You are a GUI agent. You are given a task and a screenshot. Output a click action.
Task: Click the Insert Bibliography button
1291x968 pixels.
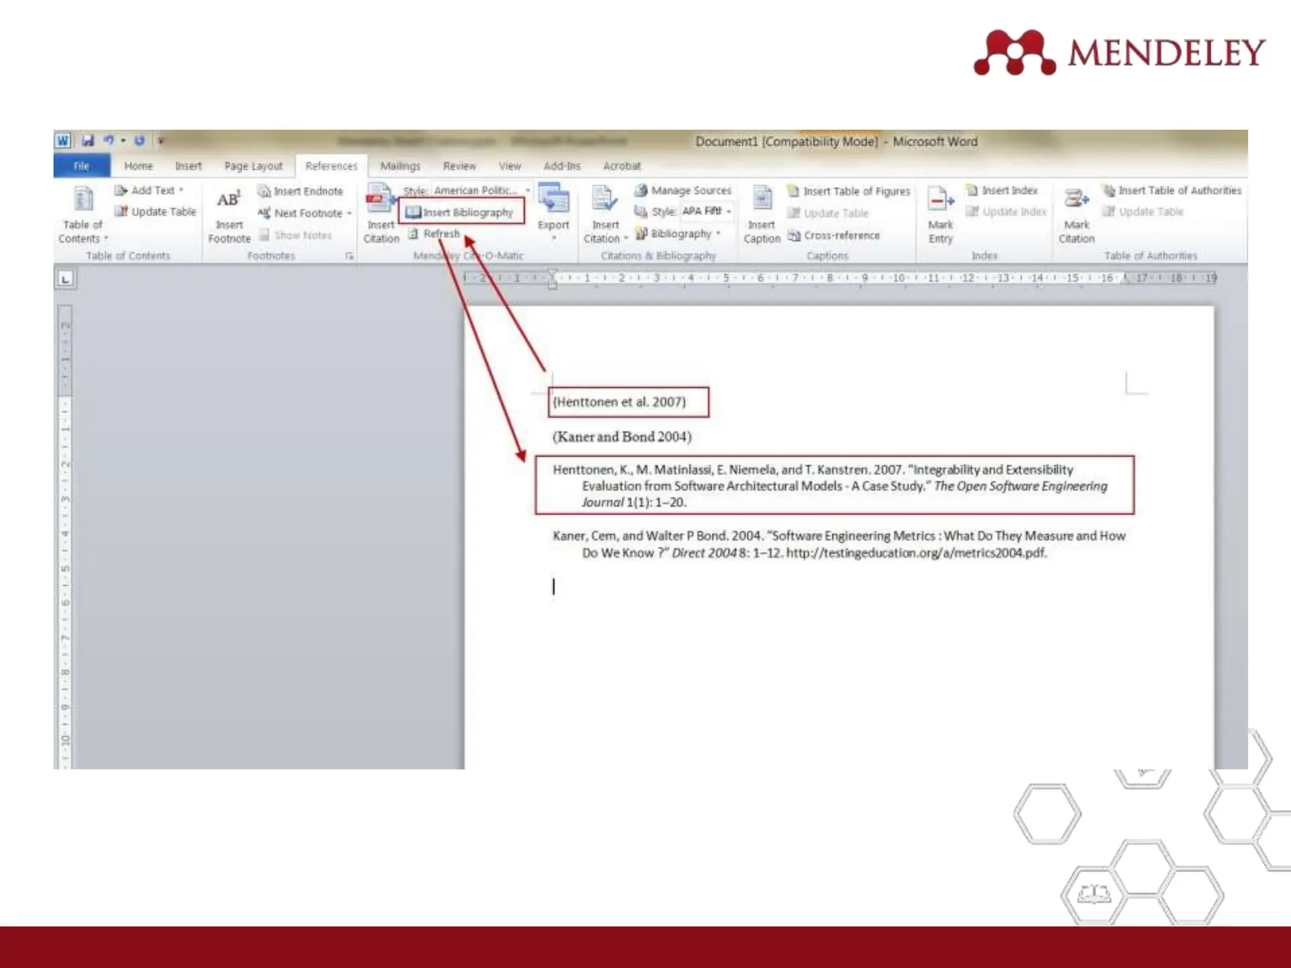(461, 212)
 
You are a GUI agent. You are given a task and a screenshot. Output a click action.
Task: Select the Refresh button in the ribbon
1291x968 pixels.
(441, 234)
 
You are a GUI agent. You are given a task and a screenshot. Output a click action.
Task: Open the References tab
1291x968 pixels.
(331, 166)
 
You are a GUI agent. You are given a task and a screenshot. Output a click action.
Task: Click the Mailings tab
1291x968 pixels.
(400, 166)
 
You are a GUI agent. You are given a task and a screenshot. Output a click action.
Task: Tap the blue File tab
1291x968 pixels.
(81, 166)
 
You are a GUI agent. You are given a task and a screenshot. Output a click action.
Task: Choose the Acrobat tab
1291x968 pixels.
(622, 166)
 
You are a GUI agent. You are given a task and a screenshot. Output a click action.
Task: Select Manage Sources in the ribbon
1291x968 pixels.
(683, 190)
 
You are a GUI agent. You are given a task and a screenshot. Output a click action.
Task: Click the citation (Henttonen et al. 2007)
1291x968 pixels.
(619, 402)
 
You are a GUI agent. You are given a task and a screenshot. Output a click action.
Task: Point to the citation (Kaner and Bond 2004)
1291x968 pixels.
(622, 437)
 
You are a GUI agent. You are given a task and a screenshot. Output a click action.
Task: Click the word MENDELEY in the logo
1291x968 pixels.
(1166, 52)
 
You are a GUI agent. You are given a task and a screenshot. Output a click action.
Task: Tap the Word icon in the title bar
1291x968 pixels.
(62, 141)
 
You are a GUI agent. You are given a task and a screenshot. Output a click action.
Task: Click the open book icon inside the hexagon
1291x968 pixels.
(1093, 893)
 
